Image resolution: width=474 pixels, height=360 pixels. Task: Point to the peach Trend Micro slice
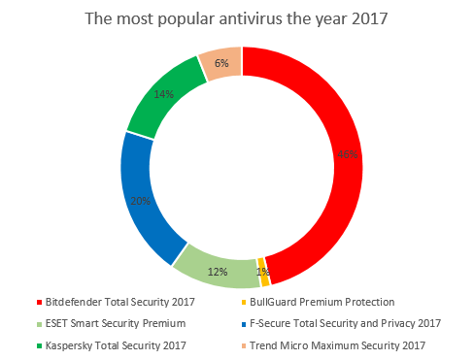(220, 64)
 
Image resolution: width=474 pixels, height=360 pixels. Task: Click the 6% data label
(220, 64)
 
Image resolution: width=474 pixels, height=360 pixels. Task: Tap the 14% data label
(163, 95)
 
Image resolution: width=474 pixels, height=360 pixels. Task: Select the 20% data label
(141, 201)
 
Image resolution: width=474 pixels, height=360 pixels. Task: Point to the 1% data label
(263, 272)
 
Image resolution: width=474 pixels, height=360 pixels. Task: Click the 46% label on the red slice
(346, 153)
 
